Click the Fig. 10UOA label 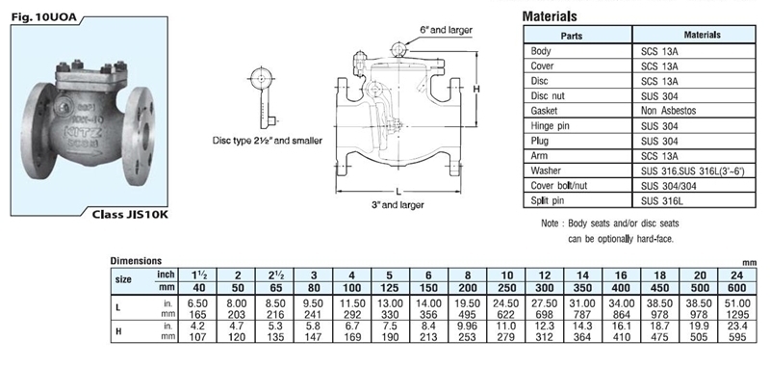coord(43,17)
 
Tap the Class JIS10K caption coord(130,214)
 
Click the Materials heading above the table coord(550,16)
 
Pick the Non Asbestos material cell coord(668,111)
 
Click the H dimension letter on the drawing coord(476,89)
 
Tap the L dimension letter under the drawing coord(398,191)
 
